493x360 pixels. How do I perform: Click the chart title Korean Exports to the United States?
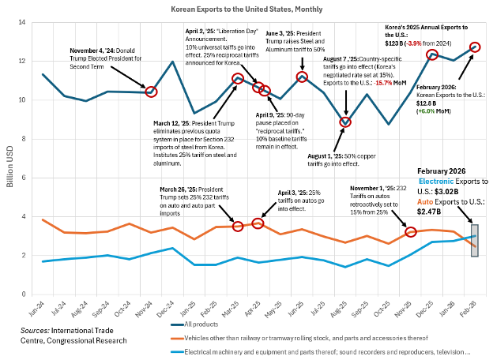click(246, 9)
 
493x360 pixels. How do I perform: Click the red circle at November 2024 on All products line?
click(151, 92)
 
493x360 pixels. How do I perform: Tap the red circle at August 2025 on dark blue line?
click(345, 122)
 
